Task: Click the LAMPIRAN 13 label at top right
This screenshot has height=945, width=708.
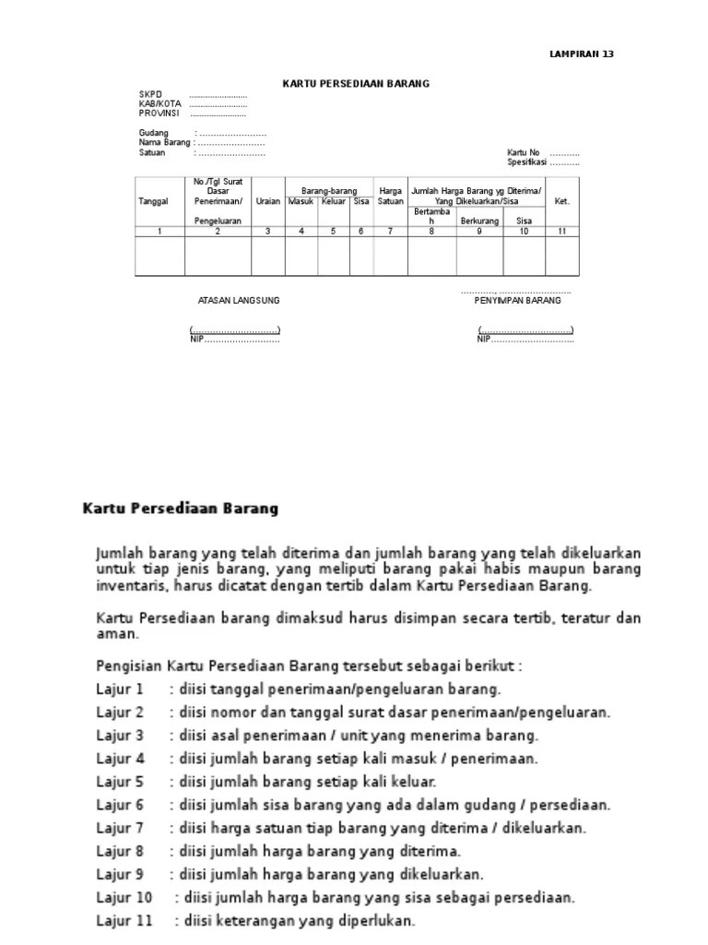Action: pyautogui.click(x=581, y=54)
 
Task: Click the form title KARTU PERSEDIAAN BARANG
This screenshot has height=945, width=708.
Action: pyautogui.click(x=356, y=84)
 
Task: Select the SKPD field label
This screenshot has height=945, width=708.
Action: pyautogui.click(x=149, y=95)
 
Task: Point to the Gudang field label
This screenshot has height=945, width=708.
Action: pyautogui.click(x=154, y=134)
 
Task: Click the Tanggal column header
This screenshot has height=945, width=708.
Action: pyautogui.click(x=153, y=200)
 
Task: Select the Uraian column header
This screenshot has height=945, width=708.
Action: pyautogui.click(x=267, y=200)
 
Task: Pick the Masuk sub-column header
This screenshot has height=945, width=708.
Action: pyautogui.click(x=301, y=200)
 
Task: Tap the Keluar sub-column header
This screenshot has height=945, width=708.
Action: pyautogui.click(x=334, y=200)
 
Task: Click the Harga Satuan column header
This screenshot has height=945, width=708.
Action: pyautogui.click(x=390, y=196)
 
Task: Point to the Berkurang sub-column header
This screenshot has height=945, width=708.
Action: pyautogui.click(x=479, y=221)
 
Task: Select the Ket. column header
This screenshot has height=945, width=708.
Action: pyautogui.click(x=562, y=200)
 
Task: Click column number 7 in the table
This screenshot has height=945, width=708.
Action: pyautogui.click(x=390, y=232)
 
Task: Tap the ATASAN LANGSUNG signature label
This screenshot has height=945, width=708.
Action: pyautogui.click(x=239, y=301)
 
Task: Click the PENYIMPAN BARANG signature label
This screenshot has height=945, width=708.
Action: pyautogui.click(x=517, y=301)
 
